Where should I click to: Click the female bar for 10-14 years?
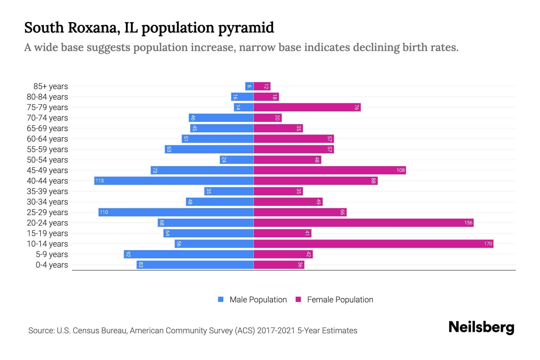pyautogui.click(x=373, y=244)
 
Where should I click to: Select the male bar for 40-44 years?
pyautogui.click(x=174, y=181)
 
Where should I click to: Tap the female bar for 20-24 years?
pyautogui.click(x=363, y=223)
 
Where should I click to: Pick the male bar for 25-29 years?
pyautogui.click(x=176, y=212)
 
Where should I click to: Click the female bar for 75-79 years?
pyautogui.click(x=307, y=107)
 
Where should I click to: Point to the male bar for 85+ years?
pyautogui.click(x=249, y=86)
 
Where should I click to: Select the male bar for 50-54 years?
pyautogui.click(x=236, y=160)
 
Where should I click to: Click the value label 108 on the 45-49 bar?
pyautogui.click(x=400, y=170)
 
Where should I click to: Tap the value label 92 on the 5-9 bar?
pyautogui.click(x=128, y=254)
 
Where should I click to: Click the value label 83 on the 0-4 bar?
pyautogui.click(x=141, y=265)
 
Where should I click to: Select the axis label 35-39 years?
pyautogui.click(x=47, y=191)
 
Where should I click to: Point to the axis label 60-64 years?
pyautogui.click(x=47, y=139)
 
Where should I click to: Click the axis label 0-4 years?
pyautogui.click(x=52, y=265)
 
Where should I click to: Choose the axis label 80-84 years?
pyautogui.click(x=47, y=97)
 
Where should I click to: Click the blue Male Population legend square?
pyautogui.click(x=221, y=299)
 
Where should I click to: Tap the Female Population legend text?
pyautogui.click(x=340, y=300)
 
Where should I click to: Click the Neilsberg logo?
pyautogui.click(x=481, y=327)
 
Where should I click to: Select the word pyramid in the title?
pyautogui.click(x=246, y=28)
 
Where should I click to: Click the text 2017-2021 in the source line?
pyautogui.click(x=276, y=331)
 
